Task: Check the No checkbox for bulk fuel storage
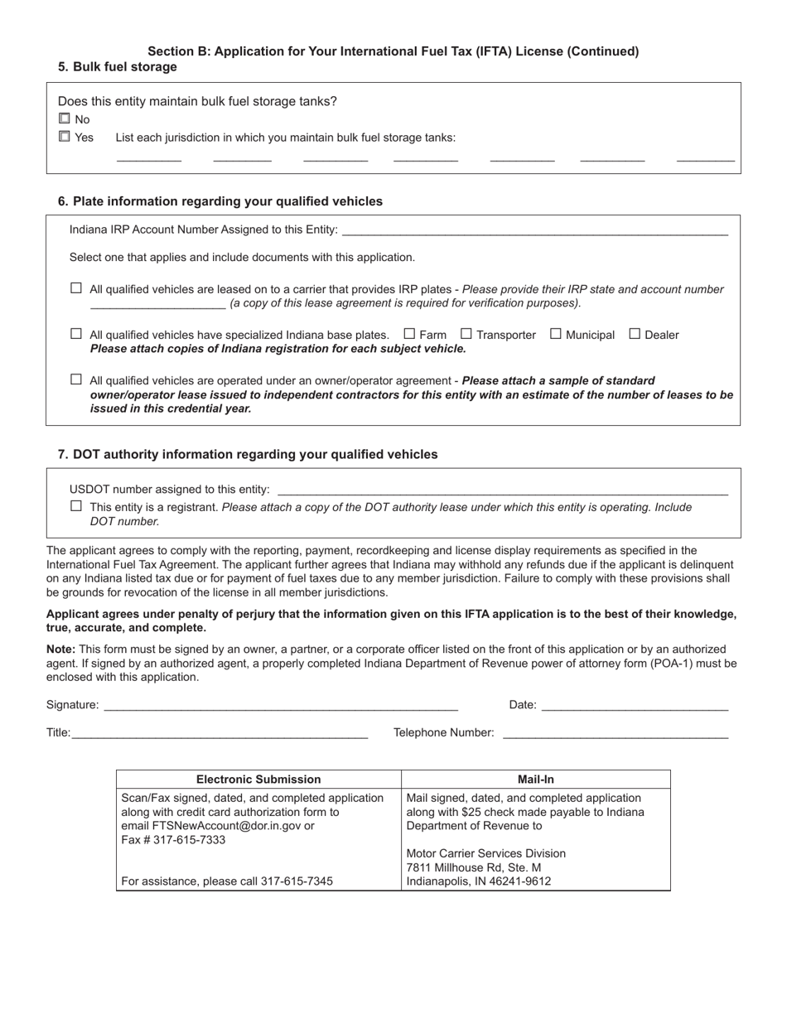pyautogui.click(x=65, y=119)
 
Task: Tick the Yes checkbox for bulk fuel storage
pyautogui.click(x=65, y=137)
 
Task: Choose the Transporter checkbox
pyautogui.click(x=466, y=334)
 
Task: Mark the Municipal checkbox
pyautogui.click(x=556, y=334)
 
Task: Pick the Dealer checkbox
pyautogui.click(x=635, y=334)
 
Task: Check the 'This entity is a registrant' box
pyautogui.click(x=76, y=506)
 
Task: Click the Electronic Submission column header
pyautogui.click(x=258, y=780)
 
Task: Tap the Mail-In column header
pyautogui.click(x=536, y=780)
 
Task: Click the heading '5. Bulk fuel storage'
pyautogui.click(x=118, y=67)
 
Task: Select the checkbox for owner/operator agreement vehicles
pyautogui.click(x=76, y=379)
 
